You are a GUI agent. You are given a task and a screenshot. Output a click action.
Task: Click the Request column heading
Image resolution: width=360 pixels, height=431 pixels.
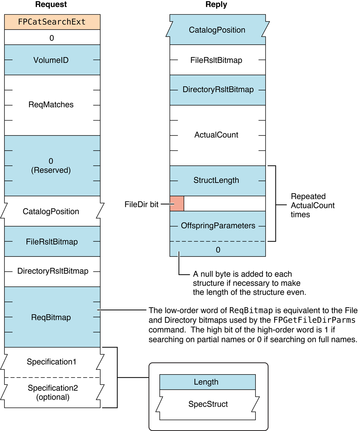coord(51,4)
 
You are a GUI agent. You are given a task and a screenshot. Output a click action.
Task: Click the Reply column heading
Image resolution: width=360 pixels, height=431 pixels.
coord(216,4)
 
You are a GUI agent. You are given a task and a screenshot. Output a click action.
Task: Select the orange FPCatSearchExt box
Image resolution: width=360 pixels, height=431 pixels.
coord(52,22)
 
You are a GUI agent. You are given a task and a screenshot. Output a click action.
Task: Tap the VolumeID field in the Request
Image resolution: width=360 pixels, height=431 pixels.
coord(51,60)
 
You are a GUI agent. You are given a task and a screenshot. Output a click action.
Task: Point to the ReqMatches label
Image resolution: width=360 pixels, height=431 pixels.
coord(51,105)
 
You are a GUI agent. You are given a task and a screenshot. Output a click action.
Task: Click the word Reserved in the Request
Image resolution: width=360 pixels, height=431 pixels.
coord(51,170)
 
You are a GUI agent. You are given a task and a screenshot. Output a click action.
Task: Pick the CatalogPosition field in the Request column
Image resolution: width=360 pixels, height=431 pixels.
coord(51,211)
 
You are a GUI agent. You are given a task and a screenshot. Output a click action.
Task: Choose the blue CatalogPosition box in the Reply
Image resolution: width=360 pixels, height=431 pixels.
coord(217,30)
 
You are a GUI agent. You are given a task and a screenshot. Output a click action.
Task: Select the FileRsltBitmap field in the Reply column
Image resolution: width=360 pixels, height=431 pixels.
coord(216,60)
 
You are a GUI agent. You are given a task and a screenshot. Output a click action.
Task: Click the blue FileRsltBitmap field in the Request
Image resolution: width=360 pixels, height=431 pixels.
coord(52,242)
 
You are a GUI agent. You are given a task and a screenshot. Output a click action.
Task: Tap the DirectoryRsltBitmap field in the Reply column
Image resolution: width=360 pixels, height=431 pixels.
coord(218,90)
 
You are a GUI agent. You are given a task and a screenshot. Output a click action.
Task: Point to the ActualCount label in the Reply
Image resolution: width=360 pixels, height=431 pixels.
coord(216,135)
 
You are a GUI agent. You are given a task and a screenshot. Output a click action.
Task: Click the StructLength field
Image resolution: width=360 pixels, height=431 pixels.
coord(216,180)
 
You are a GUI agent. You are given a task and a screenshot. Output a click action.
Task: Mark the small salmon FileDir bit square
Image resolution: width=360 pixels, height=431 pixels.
coord(177,204)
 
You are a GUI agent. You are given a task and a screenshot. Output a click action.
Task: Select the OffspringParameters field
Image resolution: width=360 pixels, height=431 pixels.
coord(218,226)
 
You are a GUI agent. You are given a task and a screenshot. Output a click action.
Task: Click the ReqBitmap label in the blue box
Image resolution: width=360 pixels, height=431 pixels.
coord(51,317)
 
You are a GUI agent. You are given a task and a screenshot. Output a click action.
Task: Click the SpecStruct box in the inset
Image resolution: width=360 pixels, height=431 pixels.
coord(208,404)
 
